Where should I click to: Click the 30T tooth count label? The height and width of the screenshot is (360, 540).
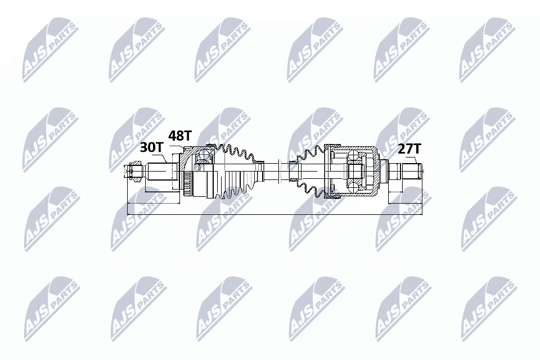(x=150, y=147)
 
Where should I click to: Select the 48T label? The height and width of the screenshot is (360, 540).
(x=180, y=136)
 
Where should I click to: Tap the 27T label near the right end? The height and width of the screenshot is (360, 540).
(x=409, y=149)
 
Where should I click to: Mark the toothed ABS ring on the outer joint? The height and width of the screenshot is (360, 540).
(x=187, y=183)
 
